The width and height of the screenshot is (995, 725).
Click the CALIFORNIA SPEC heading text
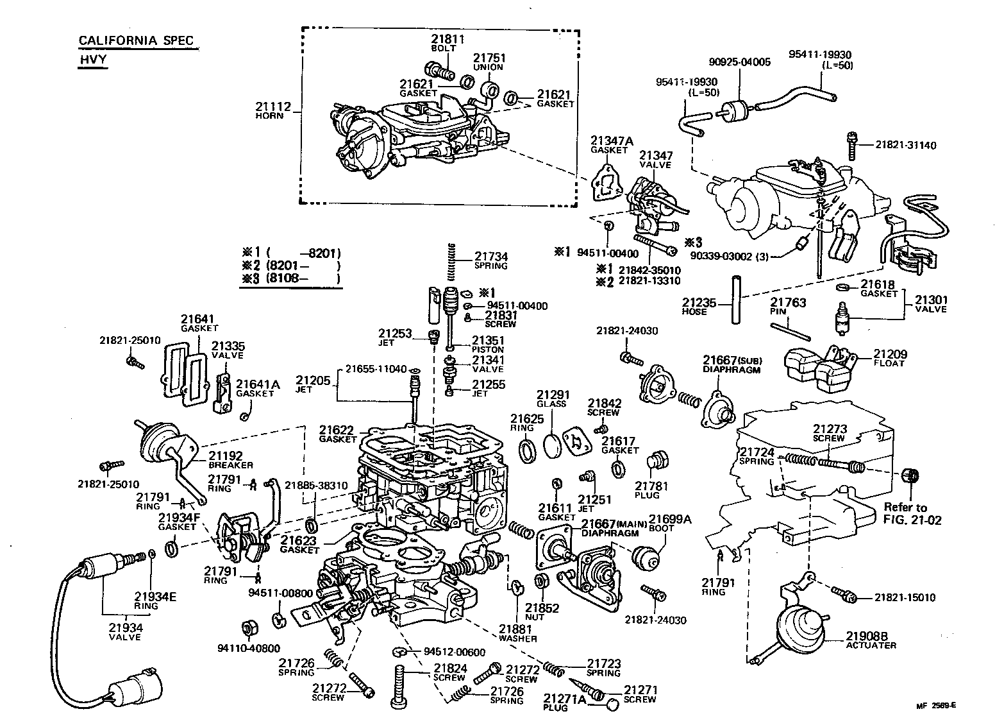(135, 40)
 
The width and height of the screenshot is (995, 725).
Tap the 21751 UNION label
(488, 62)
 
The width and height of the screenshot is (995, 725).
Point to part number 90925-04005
(739, 62)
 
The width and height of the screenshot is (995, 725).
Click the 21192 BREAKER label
(230, 459)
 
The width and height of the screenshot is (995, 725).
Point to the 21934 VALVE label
(124, 631)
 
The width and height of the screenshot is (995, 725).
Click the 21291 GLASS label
(552, 398)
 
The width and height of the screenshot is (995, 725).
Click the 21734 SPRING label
(491, 260)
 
